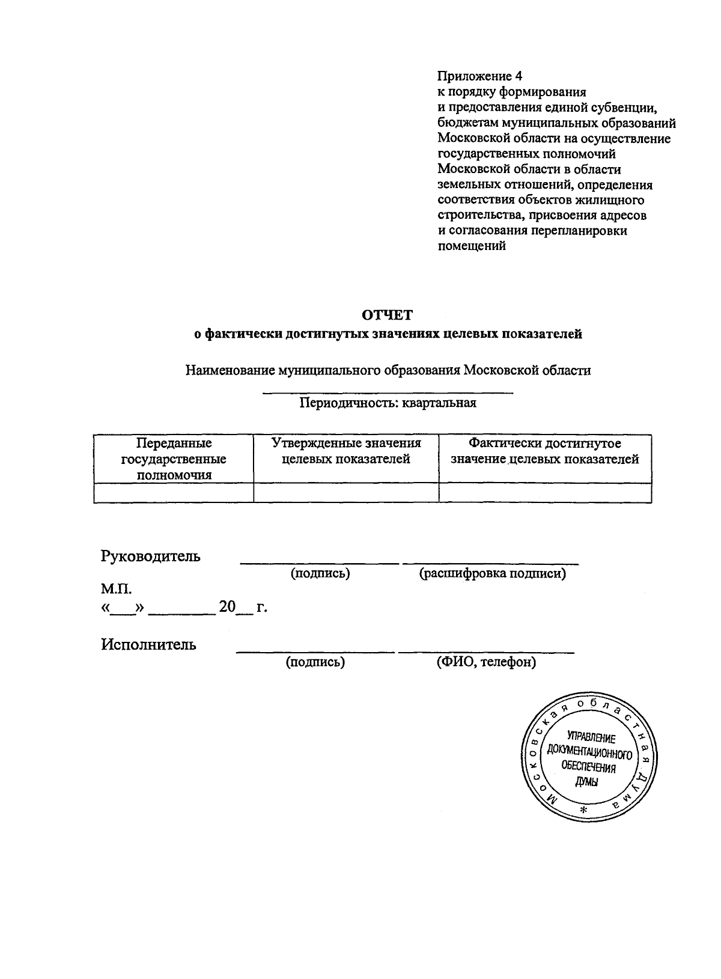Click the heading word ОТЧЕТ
point(388,315)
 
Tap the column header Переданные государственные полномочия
point(174,459)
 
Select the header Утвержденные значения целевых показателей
point(346,451)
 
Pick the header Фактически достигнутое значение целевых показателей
point(544,451)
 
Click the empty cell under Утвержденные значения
point(346,493)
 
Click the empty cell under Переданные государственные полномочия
point(174,493)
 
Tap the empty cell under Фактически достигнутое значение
point(544,493)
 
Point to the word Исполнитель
point(148,645)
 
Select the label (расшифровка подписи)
point(492,573)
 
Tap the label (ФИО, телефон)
point(486,662)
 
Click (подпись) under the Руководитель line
point(320,573)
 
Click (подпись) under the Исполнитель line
point(315,662)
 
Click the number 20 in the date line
point(228,607)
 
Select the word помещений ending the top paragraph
point(472,246)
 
